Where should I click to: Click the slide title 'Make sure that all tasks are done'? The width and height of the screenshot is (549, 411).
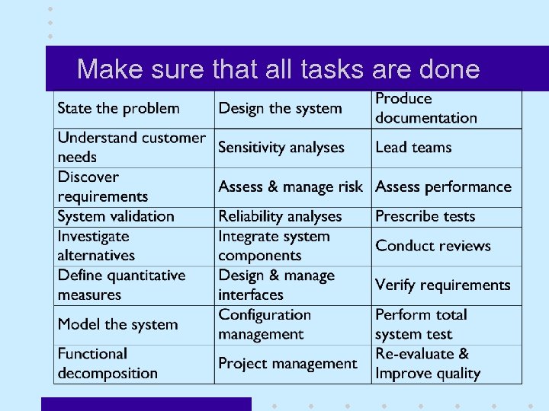click(x=278, y=69)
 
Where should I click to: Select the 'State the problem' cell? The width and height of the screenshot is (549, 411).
click(x=119, y=108)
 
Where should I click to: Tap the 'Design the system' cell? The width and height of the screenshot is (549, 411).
click(x=280, y=108)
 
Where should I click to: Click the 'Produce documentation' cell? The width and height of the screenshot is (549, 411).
click(x=426, y=108)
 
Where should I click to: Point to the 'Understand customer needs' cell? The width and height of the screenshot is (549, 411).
click(x=131, y=147)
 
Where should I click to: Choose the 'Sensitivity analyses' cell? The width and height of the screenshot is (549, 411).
click(x=281, y=147)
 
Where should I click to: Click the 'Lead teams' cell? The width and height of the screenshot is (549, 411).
click(x=413, y=147)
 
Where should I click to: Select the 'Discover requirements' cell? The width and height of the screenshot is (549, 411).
click(x=103, y=186)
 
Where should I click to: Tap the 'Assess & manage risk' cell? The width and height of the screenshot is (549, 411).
click(x=291, y=186)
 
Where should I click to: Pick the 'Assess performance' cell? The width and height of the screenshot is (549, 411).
click(x=443, y=186)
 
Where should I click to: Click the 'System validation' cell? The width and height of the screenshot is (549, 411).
click(x=116, y=216)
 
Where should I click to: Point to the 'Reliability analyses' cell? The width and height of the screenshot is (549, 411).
click(x=280, y=216)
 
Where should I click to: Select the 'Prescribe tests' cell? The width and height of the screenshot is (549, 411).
click(x=425, y=216)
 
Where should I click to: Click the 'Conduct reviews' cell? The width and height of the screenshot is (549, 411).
click(x=433, y=246)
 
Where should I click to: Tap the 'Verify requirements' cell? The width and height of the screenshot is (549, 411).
click(x=442, y=285)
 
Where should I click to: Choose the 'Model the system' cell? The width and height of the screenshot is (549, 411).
click(x=117, y=324)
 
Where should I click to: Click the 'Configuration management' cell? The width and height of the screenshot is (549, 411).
click(x=265, y=324)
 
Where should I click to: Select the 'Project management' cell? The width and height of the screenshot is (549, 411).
click(x=287, y=363)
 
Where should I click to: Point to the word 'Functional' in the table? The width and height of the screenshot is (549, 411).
click(x=92, y=354)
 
